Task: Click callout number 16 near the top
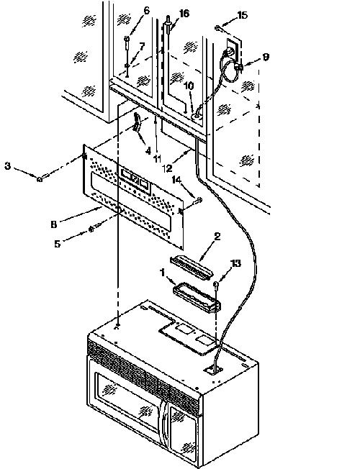pyautogui.click(x=184, y=14)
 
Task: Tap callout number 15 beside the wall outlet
pyautogui.click(x=243, y=15)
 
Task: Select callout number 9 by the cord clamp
pyautogui.click(x=266, y=57)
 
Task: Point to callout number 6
pyautogui.click(x=146, y=10)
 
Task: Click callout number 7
pyautogui.click(x=142, y=46)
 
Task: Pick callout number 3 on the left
pyautogui.click(x=8, y=165)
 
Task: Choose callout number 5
pyautogui.click(x=57, y=244)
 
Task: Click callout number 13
pyautogui.click(x=235, y=263)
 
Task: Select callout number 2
pyautogui.click(x=217, y=237)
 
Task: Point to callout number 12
pyautogui.click(x=168, y=168)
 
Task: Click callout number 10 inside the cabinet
pyautogui.click(x=189, y=86)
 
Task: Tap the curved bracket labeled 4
pyautogui.click(x=138, y=122)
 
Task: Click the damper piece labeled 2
pyautogui.click(x=192, y=265)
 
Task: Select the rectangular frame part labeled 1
pyautogui.click(x=197, y=298)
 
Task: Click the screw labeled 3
pyautogui.click(x=40, y=179)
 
